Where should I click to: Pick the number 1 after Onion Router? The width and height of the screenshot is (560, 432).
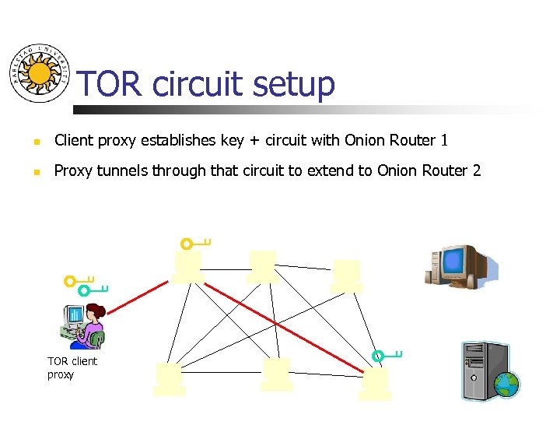click(x=444, y=141)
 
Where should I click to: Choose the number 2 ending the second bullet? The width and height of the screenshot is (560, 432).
click(x=476, y=170)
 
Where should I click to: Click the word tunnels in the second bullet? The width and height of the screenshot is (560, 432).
click(x=121, y=170)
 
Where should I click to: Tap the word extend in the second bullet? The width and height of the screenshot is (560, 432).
click(x=332, y=170)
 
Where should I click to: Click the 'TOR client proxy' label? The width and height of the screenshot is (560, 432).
click(x=72, y=367)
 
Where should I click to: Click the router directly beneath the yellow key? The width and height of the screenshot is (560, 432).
click(x=188, y=266)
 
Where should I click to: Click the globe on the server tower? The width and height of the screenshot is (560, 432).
click(x=506, y=384)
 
